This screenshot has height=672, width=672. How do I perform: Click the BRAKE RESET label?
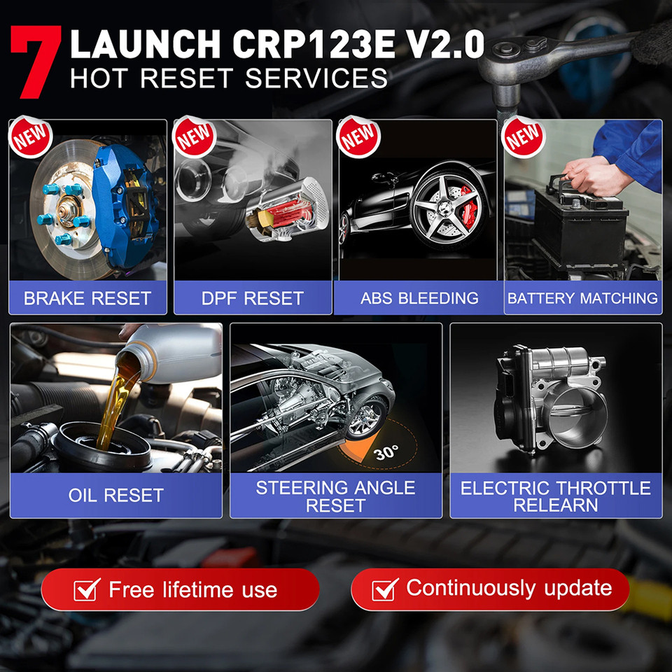pos(87,298)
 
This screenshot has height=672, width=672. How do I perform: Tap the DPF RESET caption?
pos(253,298)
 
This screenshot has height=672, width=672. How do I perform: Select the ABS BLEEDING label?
pos(419,298)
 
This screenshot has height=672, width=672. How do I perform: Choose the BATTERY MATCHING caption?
pos(582,298)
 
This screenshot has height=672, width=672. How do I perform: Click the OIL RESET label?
pos(116,496)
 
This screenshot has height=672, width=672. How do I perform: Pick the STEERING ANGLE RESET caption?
pos(335,496)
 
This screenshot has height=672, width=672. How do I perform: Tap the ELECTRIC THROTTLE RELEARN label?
pos(556,496)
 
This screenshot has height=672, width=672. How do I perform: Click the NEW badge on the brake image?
pos(31,136)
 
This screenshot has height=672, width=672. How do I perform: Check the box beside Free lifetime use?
pos(87,590)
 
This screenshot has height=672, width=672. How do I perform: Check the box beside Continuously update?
pos(385,589)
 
